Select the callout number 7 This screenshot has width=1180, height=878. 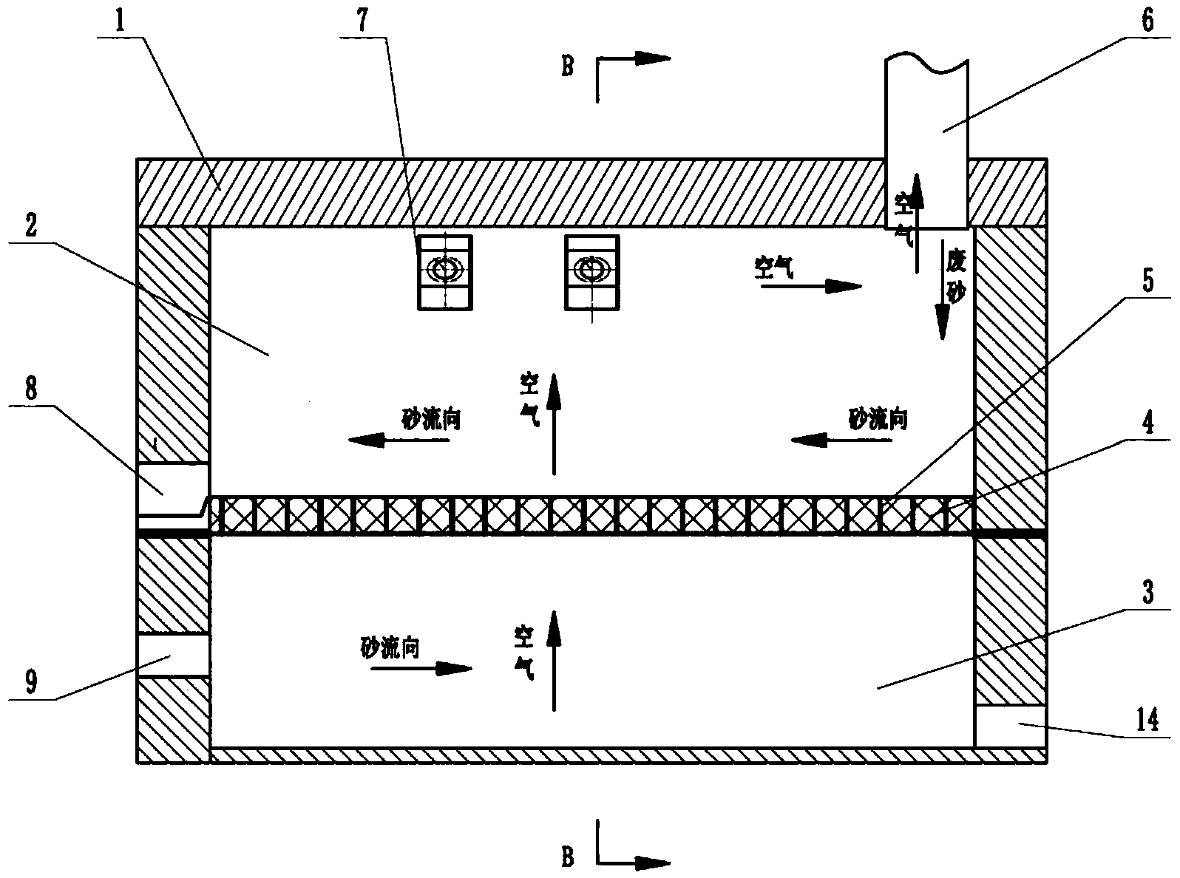(x=362, y=20)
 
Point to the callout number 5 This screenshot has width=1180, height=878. (x=1147, y=280)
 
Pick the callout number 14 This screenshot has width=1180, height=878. (x=1147, y=720)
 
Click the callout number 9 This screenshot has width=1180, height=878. (x=31, y=681)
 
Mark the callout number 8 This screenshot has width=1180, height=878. (x=31, y=389)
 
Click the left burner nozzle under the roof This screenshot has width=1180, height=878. (x=444, y=272)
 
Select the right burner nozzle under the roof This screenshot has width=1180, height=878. (x=591, y=272)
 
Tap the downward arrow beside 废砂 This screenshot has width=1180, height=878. (x=942, y=290)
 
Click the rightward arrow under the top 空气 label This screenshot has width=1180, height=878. (x=811, y=287)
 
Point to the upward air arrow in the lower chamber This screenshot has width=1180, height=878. (x=554, y=661)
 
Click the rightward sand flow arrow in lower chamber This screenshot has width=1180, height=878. (x=421, y=668)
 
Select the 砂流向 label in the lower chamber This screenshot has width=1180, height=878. (x=390, y=647)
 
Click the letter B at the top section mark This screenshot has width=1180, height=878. (x=568, y=67)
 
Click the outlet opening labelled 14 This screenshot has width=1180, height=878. (x=1010, y=726)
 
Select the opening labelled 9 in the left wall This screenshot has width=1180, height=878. (x=173, y=656)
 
